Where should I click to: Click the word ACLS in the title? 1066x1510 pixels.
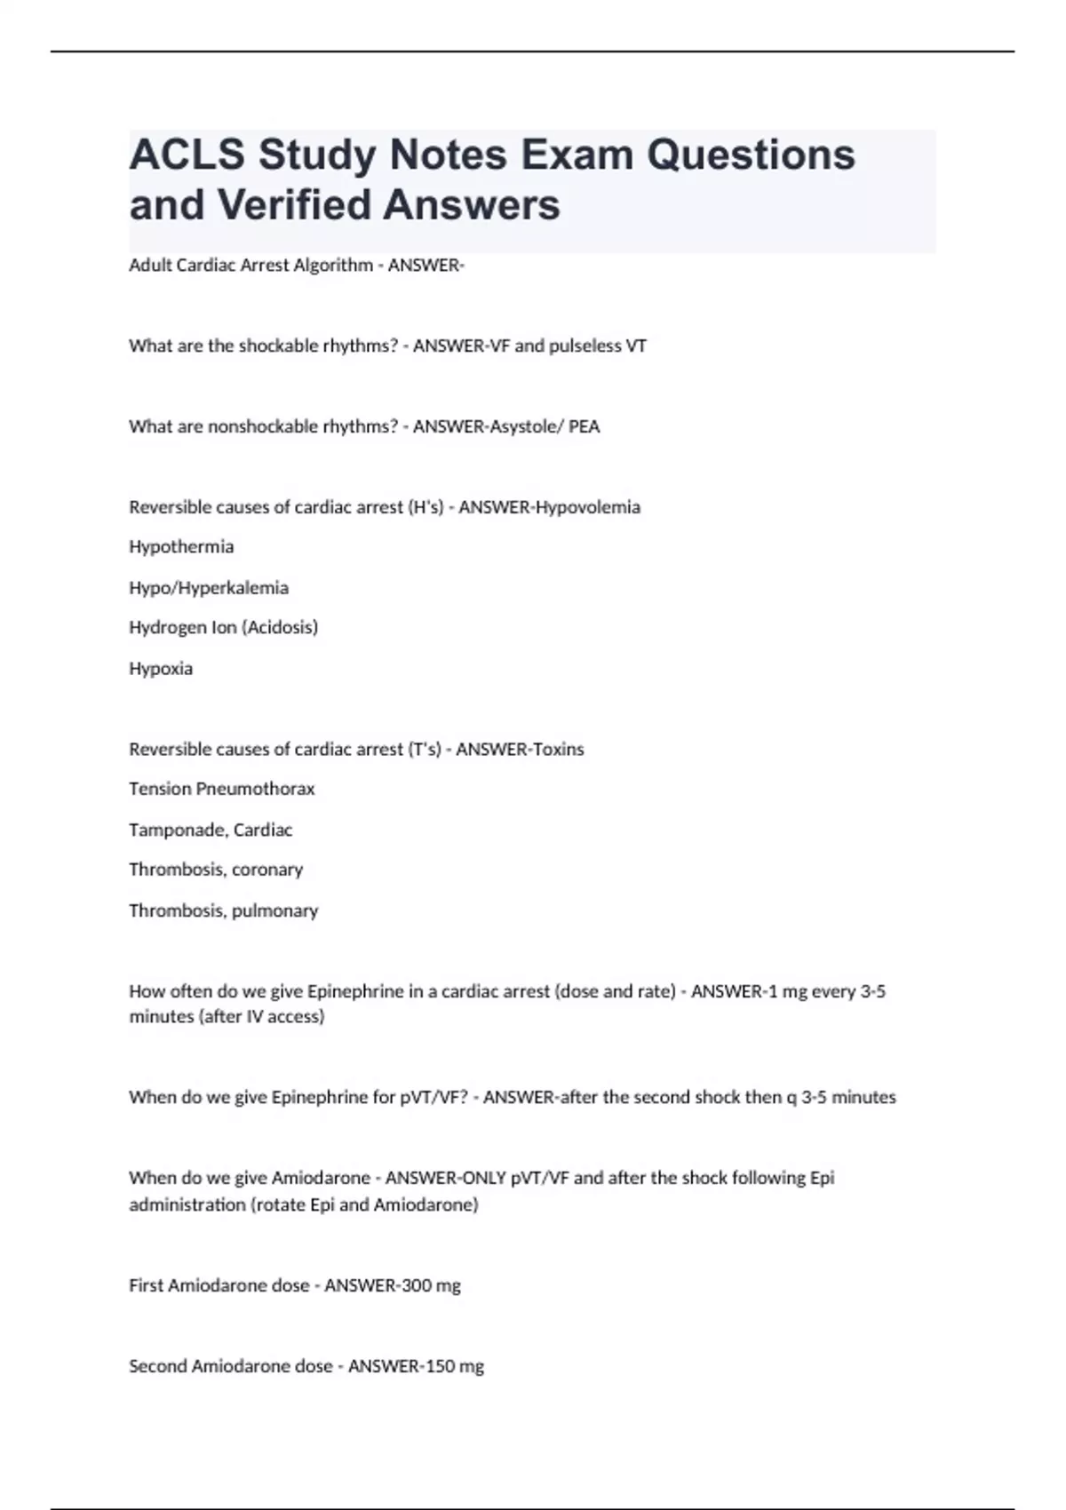187,155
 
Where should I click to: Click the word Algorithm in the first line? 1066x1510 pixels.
330,266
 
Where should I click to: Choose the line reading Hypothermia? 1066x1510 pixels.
181,547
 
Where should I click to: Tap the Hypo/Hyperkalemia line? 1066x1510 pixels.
209,588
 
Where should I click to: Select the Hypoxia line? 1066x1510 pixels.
161,669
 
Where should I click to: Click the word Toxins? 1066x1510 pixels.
557,750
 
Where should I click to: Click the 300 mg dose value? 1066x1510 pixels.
431,1286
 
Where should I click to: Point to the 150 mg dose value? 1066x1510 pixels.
454,1367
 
